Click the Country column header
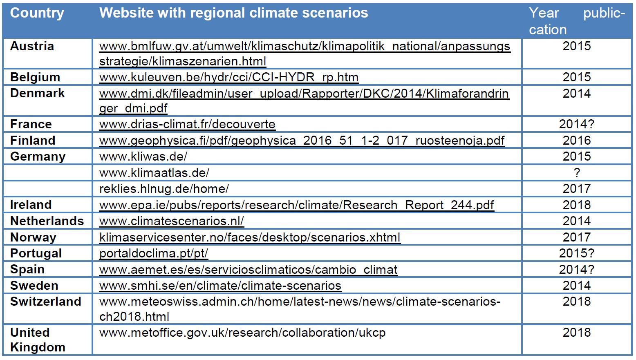tap(37, 13)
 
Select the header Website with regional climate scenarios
tap(233, 13)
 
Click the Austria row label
tap(32, 46)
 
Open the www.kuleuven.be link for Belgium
tap(229, 77)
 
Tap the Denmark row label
tap(38, 93)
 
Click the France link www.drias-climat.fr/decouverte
tap(187, 124)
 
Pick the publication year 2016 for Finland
tap(577, 141)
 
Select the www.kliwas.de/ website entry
tap(143, 157)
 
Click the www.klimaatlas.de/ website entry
tap(154, 172)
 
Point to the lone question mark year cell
tap(577, 172)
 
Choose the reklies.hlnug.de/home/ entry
tap(164, 189)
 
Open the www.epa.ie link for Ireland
tap(296, 205)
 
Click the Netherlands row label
tap(47, 221)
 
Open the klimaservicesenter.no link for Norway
tap(250, 237)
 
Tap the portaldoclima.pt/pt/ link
tap(154, 253)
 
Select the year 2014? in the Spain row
tap(577, 269)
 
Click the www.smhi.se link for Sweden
tap(220, 286)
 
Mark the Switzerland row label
tap(45, 302)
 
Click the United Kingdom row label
tap(38, 340)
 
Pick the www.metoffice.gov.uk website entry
tap(242, 333)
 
